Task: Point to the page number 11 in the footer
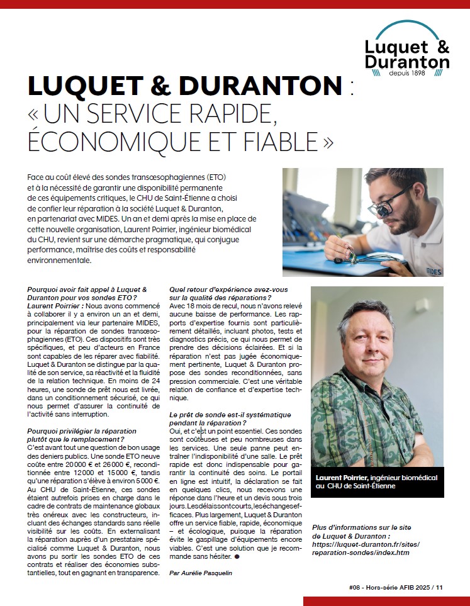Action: click(439, 587)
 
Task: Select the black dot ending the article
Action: click(237, 557)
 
